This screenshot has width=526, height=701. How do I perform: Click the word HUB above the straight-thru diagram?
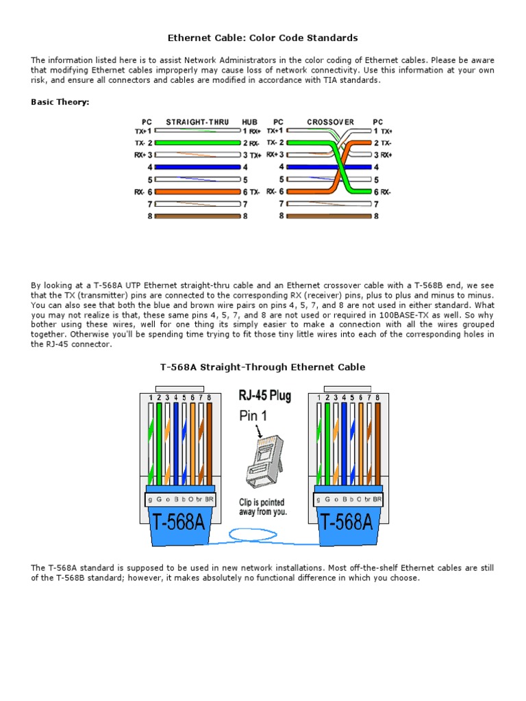point(249,122)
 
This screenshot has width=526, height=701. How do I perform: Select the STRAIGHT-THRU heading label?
point(199,122)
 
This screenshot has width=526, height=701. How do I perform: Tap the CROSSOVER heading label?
point(331,122)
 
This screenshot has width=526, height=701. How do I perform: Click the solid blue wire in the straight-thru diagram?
point(199,166)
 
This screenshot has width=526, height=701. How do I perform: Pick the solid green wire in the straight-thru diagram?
point(199,142)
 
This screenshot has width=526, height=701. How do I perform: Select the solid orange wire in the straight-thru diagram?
point(199,192)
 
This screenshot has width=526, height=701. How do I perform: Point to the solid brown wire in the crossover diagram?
point(330,216)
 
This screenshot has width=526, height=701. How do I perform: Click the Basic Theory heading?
point(60,102)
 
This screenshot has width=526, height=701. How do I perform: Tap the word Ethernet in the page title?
point(190,38)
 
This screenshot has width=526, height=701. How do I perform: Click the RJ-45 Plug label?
point(264,395)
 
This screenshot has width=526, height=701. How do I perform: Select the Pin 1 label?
point(255,416)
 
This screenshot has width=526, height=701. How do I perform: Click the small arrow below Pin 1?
point(258,431)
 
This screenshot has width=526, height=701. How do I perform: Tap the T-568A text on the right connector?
point(346,522)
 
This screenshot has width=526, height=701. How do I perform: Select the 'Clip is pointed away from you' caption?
point(263,507)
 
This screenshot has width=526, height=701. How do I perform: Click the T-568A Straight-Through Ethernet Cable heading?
point(262,367)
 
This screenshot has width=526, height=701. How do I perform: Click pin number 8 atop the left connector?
point(209,397)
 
